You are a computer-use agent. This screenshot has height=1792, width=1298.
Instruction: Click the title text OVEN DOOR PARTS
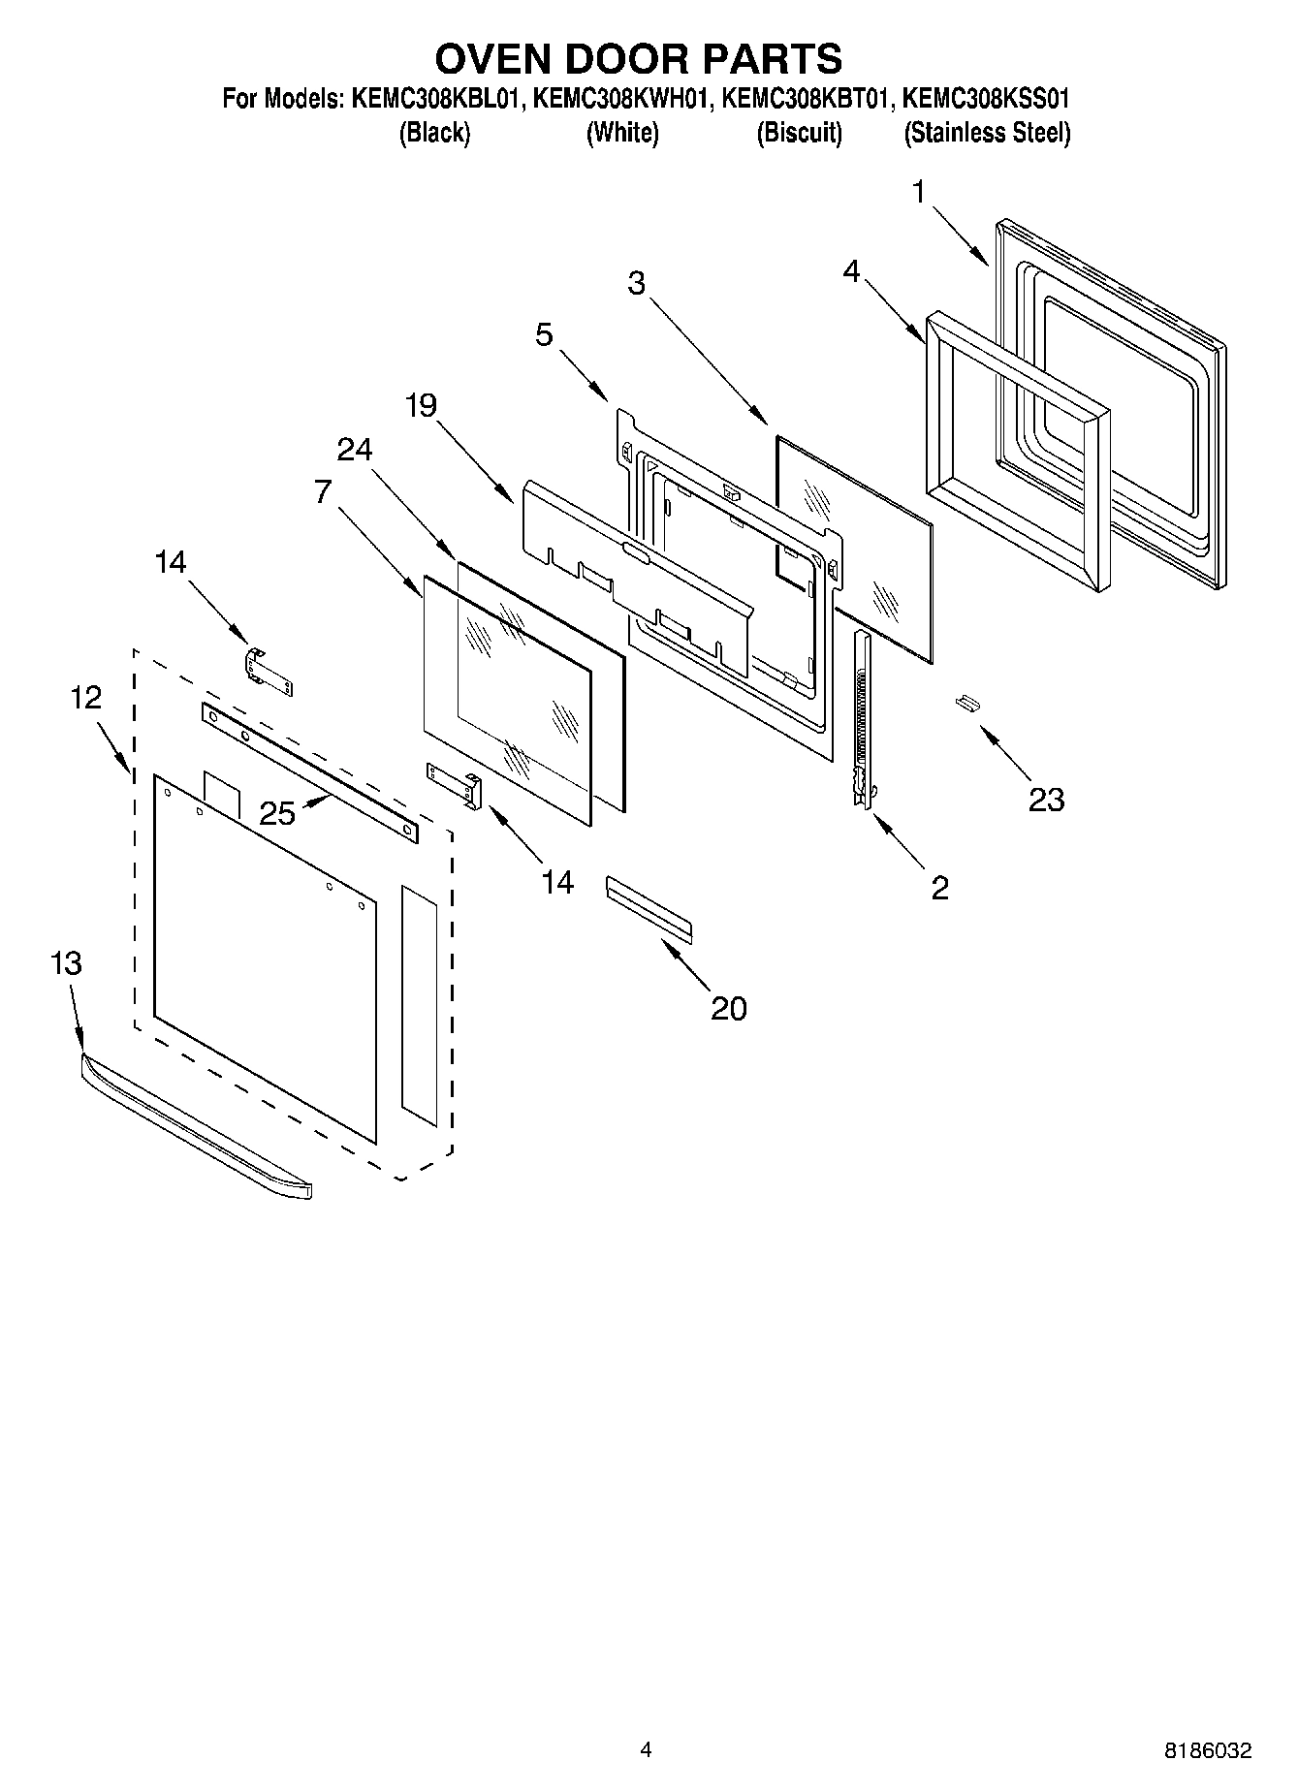(x=638, y=58)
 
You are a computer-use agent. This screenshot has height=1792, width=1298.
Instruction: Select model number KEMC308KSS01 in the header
(x=986, y=98)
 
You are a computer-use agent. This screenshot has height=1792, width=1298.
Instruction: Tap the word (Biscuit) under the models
(x=799, y=133)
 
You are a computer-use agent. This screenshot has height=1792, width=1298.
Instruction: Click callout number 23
(x=1046, y=800)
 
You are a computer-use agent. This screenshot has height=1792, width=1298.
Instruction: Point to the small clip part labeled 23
(x=966, y=702)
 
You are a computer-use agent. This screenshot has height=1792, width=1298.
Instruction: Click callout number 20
(x=728, y=1008)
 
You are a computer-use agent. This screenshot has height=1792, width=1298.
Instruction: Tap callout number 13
(x=66, y=963)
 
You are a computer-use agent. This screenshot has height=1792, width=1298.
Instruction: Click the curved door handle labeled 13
(x=194, y=1127)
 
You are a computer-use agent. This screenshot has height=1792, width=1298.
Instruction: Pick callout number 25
(x=277, y=813)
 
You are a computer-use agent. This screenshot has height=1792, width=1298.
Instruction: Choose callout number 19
(x=421, y=404)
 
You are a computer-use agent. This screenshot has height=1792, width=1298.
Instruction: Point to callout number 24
(x=355, y=449)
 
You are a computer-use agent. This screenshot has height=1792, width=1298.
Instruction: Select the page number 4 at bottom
(x=646, y=1749)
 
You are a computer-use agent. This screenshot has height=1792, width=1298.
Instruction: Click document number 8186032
(x=1207, y=1750)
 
